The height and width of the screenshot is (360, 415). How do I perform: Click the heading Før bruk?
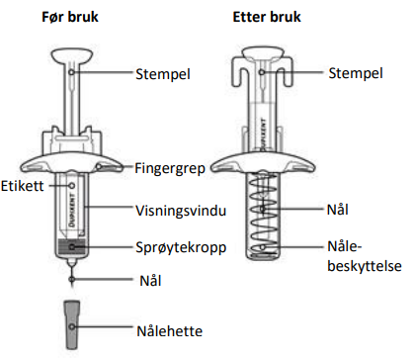click(x=70, y=17)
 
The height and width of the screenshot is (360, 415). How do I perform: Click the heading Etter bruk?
click(x=267, y=17)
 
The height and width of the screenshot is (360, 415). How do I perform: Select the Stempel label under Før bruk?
click(x=163, y=74)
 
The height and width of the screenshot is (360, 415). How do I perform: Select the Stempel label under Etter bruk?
click(x=356, y=73)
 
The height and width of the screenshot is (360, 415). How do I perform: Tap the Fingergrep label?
click(x=170, y=168)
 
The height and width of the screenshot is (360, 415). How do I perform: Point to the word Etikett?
click(x=22, y=186)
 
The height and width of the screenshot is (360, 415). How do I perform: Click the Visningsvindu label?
click(x=181, y=211)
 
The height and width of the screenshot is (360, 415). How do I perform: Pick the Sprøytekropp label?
click(x=181, y=248)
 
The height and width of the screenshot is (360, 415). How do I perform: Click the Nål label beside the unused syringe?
click(x=150, y=281)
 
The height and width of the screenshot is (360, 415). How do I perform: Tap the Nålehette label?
click(x=169, y=331)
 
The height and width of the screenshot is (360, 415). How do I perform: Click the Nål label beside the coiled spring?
click(x=337, y=210)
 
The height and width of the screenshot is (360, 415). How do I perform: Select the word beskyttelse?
click(x=365, y=266)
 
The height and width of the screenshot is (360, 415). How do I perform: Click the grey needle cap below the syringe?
click(x=72, y=324)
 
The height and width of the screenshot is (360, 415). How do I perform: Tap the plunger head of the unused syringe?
click(x=73, y=56)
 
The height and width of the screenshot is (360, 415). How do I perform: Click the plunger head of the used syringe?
click(x=262, y=53)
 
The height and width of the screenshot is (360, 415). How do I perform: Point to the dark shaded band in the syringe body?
click(x=72, y=246)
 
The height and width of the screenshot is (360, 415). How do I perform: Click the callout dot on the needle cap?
click(x=72, y=326)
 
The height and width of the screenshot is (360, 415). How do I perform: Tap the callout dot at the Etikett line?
click(x=72, y=186)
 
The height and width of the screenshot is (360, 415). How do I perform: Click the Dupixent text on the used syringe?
click(x=263, y=134)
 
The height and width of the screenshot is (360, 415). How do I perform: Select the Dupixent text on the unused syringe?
click(x=72, y=209)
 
